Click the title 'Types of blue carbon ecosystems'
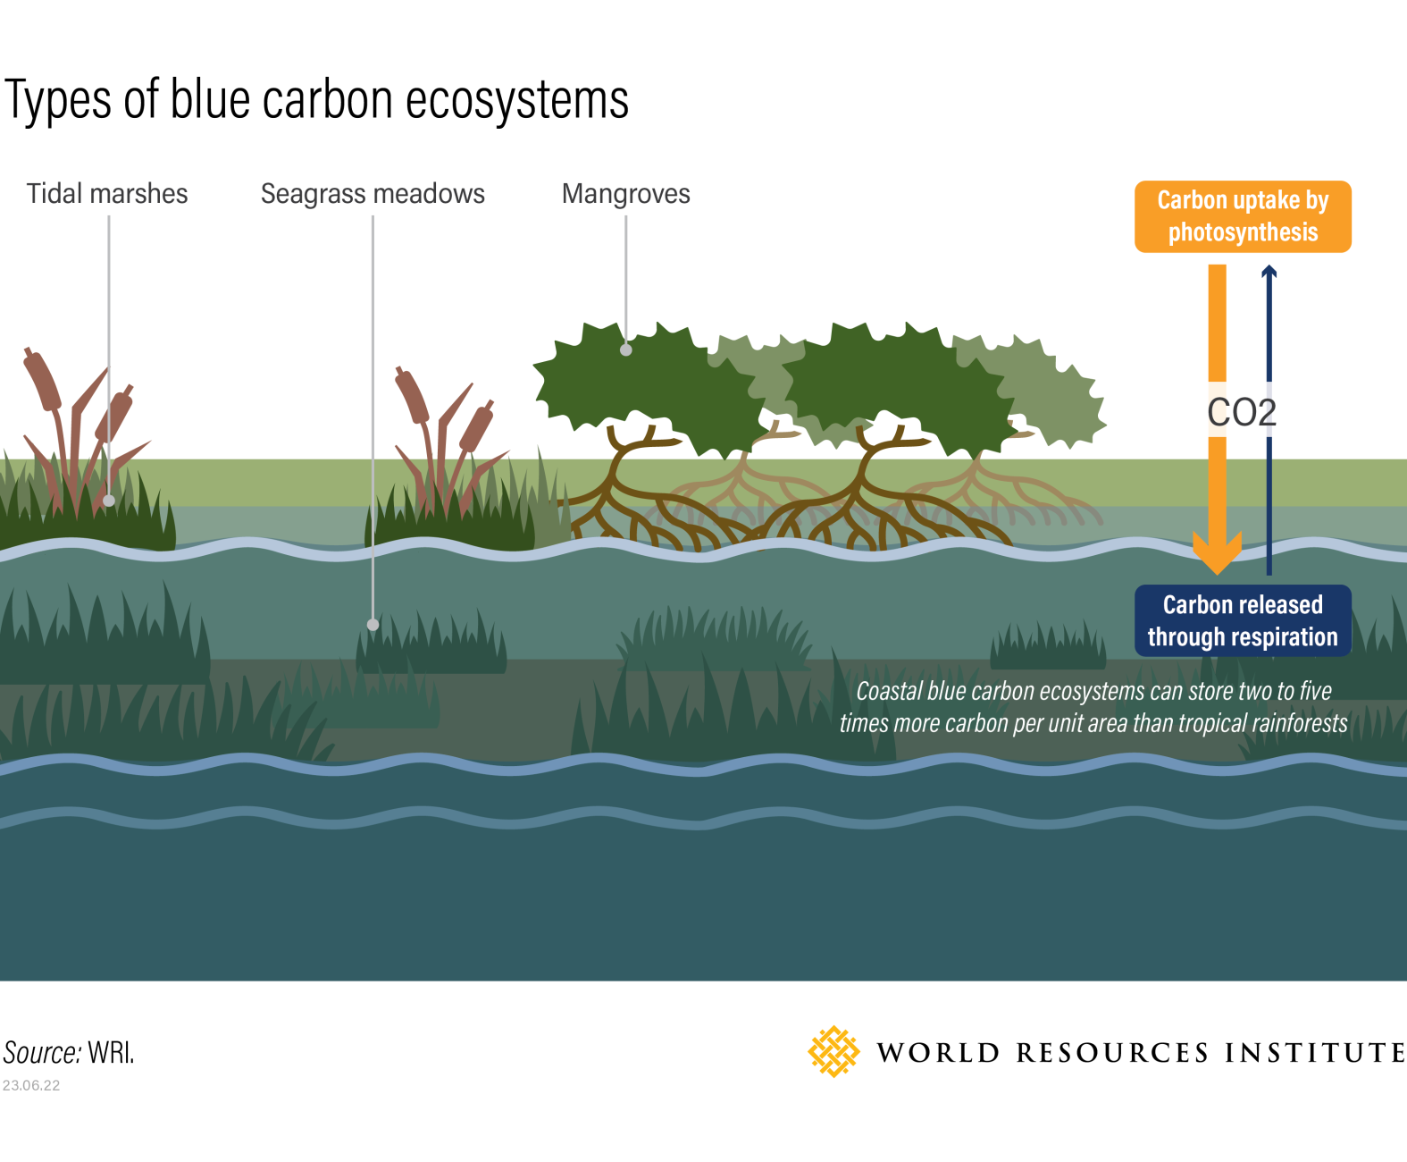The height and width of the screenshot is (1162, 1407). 316,99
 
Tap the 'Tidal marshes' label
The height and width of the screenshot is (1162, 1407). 107,194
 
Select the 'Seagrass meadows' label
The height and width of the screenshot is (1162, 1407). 373,194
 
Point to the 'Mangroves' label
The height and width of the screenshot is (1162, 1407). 625,194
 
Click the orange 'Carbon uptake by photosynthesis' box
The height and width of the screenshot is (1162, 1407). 1243,216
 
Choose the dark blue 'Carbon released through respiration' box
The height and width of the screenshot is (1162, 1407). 1243,621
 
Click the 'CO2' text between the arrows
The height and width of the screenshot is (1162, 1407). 1242,412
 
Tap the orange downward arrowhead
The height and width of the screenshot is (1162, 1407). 1217,554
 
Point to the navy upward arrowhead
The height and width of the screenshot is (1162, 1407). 1269,272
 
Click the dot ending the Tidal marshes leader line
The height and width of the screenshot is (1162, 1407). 109,501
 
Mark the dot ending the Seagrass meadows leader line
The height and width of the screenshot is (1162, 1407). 373,625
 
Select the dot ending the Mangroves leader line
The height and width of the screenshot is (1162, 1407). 626,350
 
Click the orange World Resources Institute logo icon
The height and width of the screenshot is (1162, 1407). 833,1052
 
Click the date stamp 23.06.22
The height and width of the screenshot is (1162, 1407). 31,1085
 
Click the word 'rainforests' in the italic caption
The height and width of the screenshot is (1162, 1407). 1299,723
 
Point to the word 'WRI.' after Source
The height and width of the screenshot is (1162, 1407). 111,1053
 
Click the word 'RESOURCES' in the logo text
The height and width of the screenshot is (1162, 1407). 1112,1053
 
